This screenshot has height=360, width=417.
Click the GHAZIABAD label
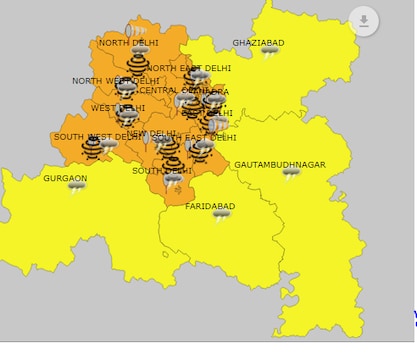(x=258, y=43)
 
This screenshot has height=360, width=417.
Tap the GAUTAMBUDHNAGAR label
(x=282, y=163)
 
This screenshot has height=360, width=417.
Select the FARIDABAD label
(x=210, y=205)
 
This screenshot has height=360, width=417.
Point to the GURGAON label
(x=65, y=178)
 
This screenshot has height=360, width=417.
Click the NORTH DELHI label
(x=127, y=43)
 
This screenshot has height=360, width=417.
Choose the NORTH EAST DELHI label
(x=190, y=68)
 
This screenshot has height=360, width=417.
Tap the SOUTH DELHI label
(x=162, y=170)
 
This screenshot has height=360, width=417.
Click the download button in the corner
(x=364, y=20)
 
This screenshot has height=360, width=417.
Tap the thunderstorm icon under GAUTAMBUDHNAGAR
(x=291, y=174)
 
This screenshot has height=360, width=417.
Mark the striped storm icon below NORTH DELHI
(x=138, y=63)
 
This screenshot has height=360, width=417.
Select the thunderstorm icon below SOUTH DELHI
(x=173, y=182)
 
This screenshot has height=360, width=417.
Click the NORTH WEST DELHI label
(x=109, y=81)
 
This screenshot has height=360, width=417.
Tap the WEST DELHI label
(x=118, y=108)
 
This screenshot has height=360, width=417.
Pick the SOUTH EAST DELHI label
(x=195, y=138)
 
